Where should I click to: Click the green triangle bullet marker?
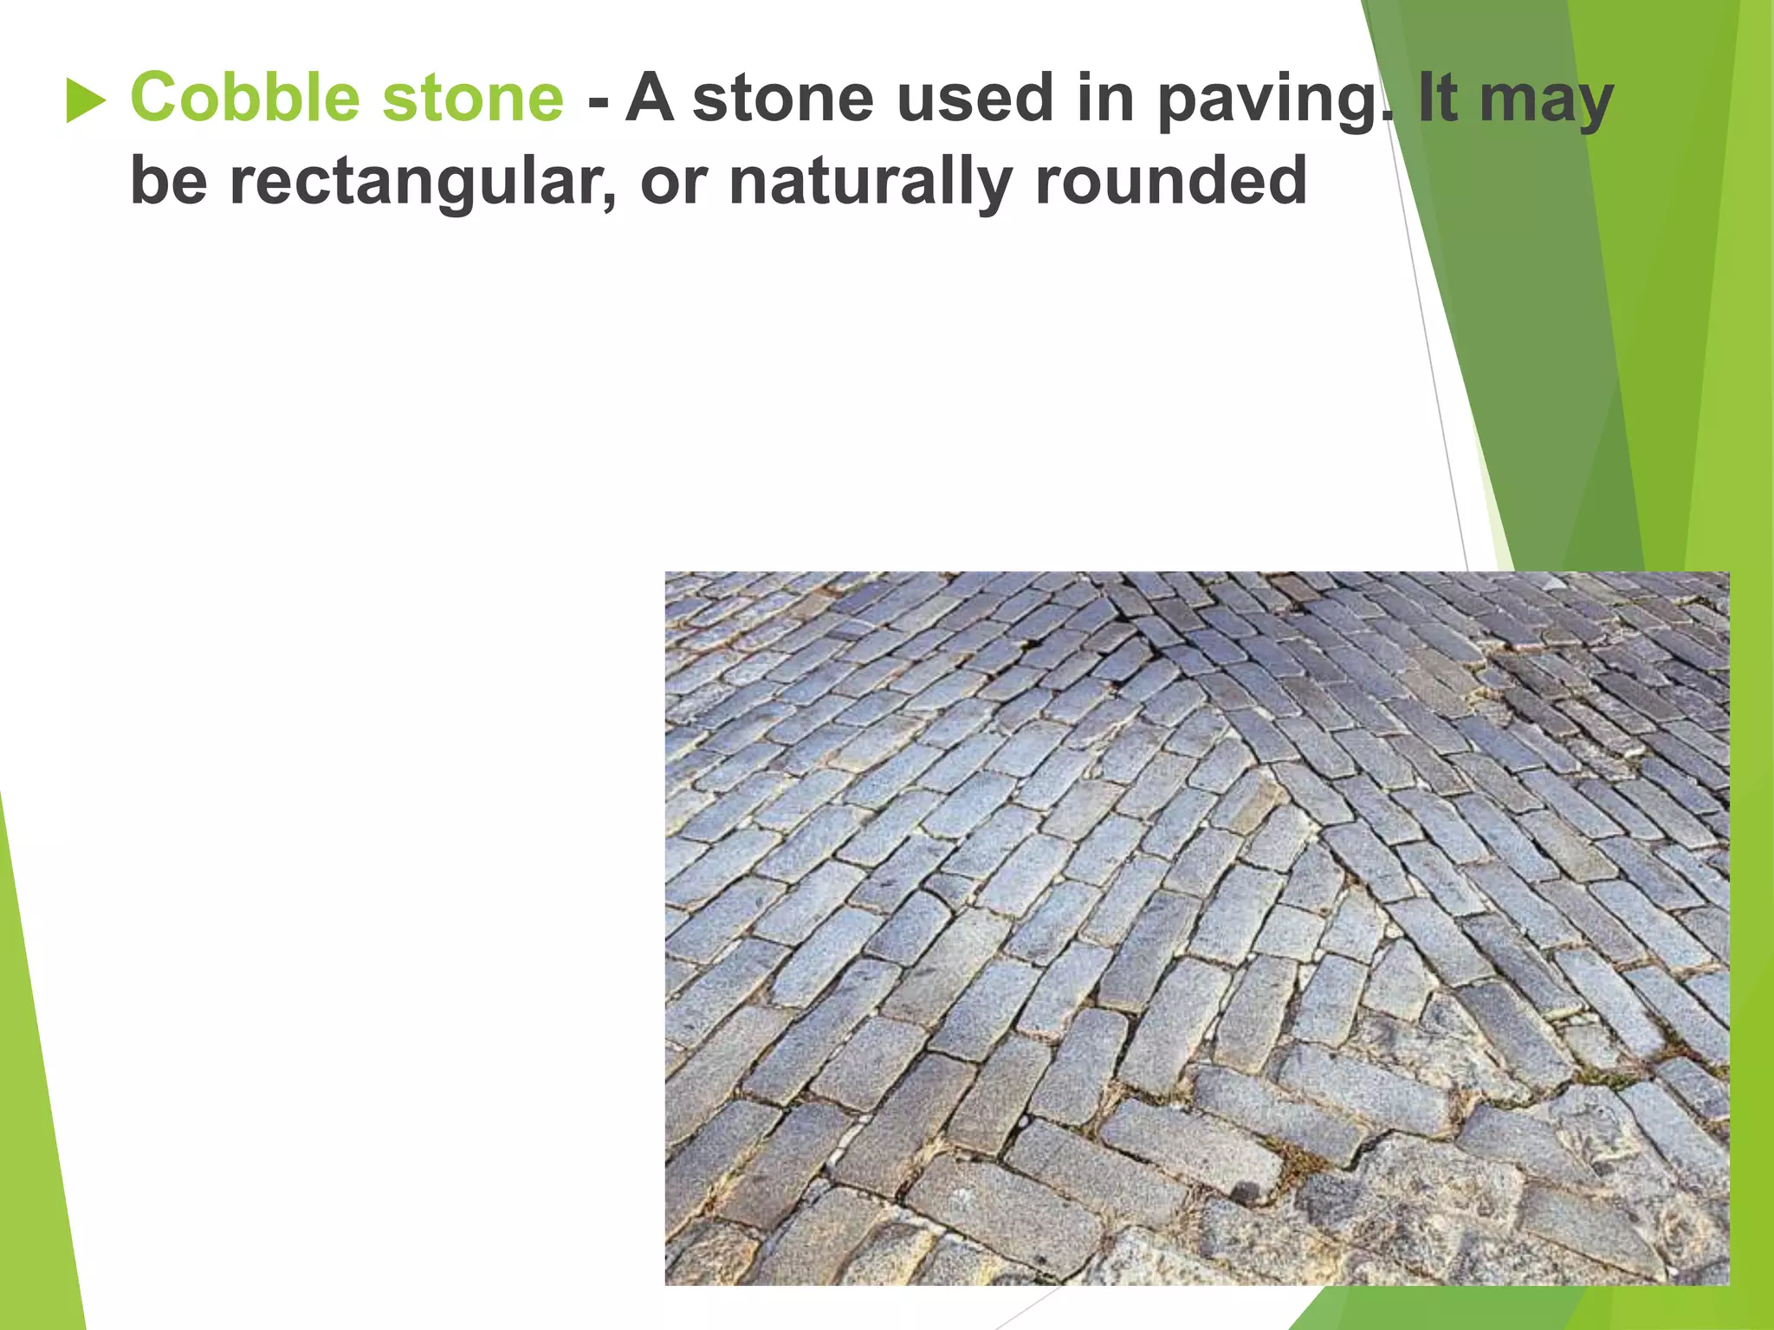[85, 100]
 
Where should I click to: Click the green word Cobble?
[243, 97]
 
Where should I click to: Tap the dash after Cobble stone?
[597, 102]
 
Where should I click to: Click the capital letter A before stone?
[650, 97]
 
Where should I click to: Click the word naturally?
[871, 184]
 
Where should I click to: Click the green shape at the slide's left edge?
[35, 1082]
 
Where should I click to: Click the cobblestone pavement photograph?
[1195, 926]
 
